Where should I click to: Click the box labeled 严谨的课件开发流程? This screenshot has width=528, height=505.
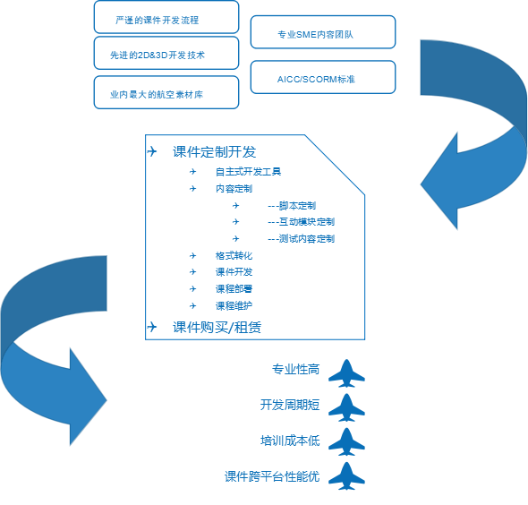click(x=166, y=17)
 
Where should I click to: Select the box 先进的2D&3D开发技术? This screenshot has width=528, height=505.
click(x=166, y=53)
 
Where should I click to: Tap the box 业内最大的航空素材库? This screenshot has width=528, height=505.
click(x=166, y=92)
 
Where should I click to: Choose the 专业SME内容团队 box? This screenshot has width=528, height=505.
click(x=323, y=32)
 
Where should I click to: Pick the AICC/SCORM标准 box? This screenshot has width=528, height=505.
click(x=323, y=77)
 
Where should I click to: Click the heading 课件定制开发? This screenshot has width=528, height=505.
click(x=215, y=152)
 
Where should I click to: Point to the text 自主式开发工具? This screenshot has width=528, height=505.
click(x=249, y=172)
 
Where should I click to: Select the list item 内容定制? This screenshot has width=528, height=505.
click(x=234, y=189)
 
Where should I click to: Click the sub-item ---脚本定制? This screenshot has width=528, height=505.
click(x=292, y=206)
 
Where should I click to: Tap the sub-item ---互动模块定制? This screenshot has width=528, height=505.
click(x=301, y=222)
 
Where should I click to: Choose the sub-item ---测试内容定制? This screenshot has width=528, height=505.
click(x=301, y=239)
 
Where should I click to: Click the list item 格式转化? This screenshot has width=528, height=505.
click(x=234, y=256)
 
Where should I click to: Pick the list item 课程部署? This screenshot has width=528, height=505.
click(x=234, y=288)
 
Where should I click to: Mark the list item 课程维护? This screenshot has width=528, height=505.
click(x=234, y=306)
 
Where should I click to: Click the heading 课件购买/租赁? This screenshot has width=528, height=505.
click(x=217, y=328)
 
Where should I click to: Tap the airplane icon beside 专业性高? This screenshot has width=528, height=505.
click(x=346, y=373)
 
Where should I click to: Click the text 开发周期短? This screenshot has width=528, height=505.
click(x=290, y=405)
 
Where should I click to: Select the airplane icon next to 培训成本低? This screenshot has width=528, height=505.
click(x=346, y=442)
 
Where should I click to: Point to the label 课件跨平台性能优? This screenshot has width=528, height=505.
click(x=272, y=476)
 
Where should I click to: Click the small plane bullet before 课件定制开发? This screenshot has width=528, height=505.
click(x=152, y=151)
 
